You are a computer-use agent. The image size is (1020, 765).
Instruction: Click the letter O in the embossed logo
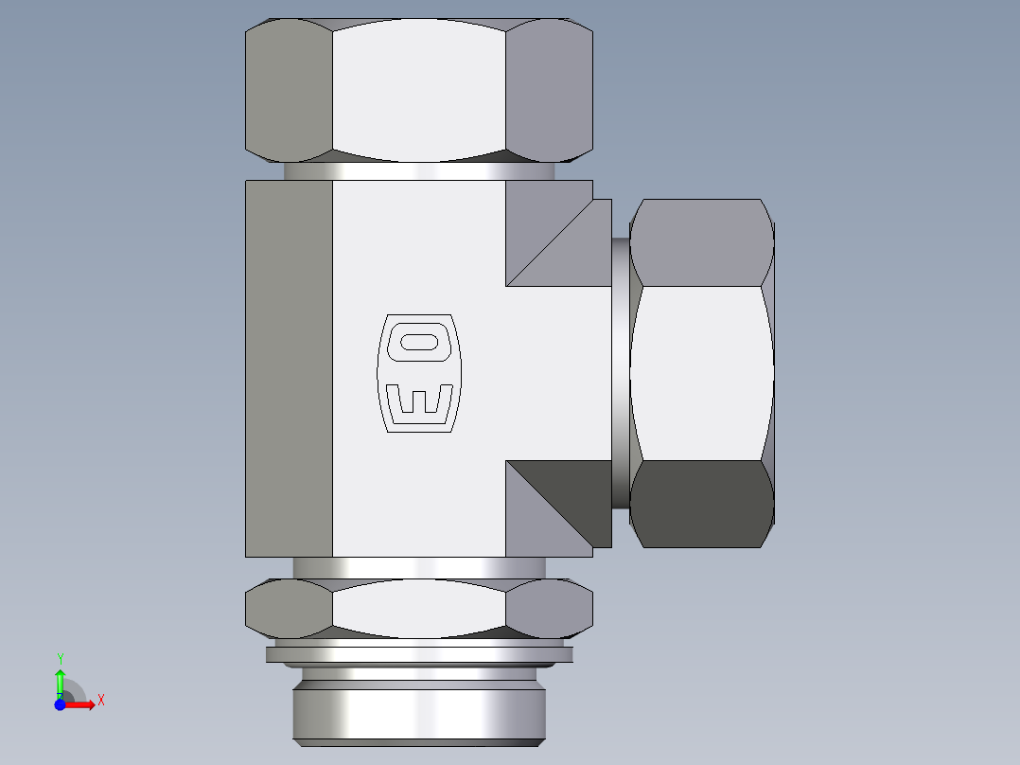click(419, 341)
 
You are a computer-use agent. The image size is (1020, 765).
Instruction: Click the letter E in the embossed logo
click(419, 400)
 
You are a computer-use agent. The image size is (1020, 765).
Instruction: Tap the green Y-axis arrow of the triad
click(60, 680)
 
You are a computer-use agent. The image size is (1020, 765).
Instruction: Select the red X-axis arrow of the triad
click(81, 704)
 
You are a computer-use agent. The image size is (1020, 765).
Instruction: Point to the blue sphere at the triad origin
click(60, 704)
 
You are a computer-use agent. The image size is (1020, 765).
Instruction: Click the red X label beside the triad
click(100, 701)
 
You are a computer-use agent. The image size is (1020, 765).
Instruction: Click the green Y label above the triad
click(60, 658)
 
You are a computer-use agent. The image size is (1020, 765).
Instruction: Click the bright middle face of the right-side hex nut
click(701, 373)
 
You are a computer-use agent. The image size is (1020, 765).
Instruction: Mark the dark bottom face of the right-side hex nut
click(701, 504)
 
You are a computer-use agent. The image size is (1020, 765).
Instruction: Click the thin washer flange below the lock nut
click(419, 653)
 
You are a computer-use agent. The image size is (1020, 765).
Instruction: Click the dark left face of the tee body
click(289, 368)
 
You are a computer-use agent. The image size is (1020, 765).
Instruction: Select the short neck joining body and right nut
click(620, 373)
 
